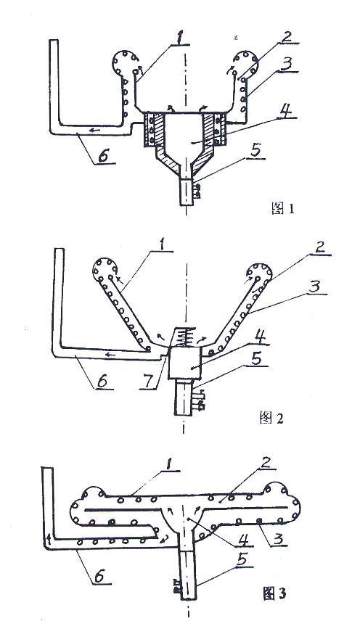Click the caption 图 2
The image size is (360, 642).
[271, 418]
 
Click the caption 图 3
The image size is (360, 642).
[274, 593]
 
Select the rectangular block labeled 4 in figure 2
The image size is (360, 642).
[184, 362]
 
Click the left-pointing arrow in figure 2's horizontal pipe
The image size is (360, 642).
[110, 355]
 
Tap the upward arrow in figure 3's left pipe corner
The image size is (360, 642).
[49, 538]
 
